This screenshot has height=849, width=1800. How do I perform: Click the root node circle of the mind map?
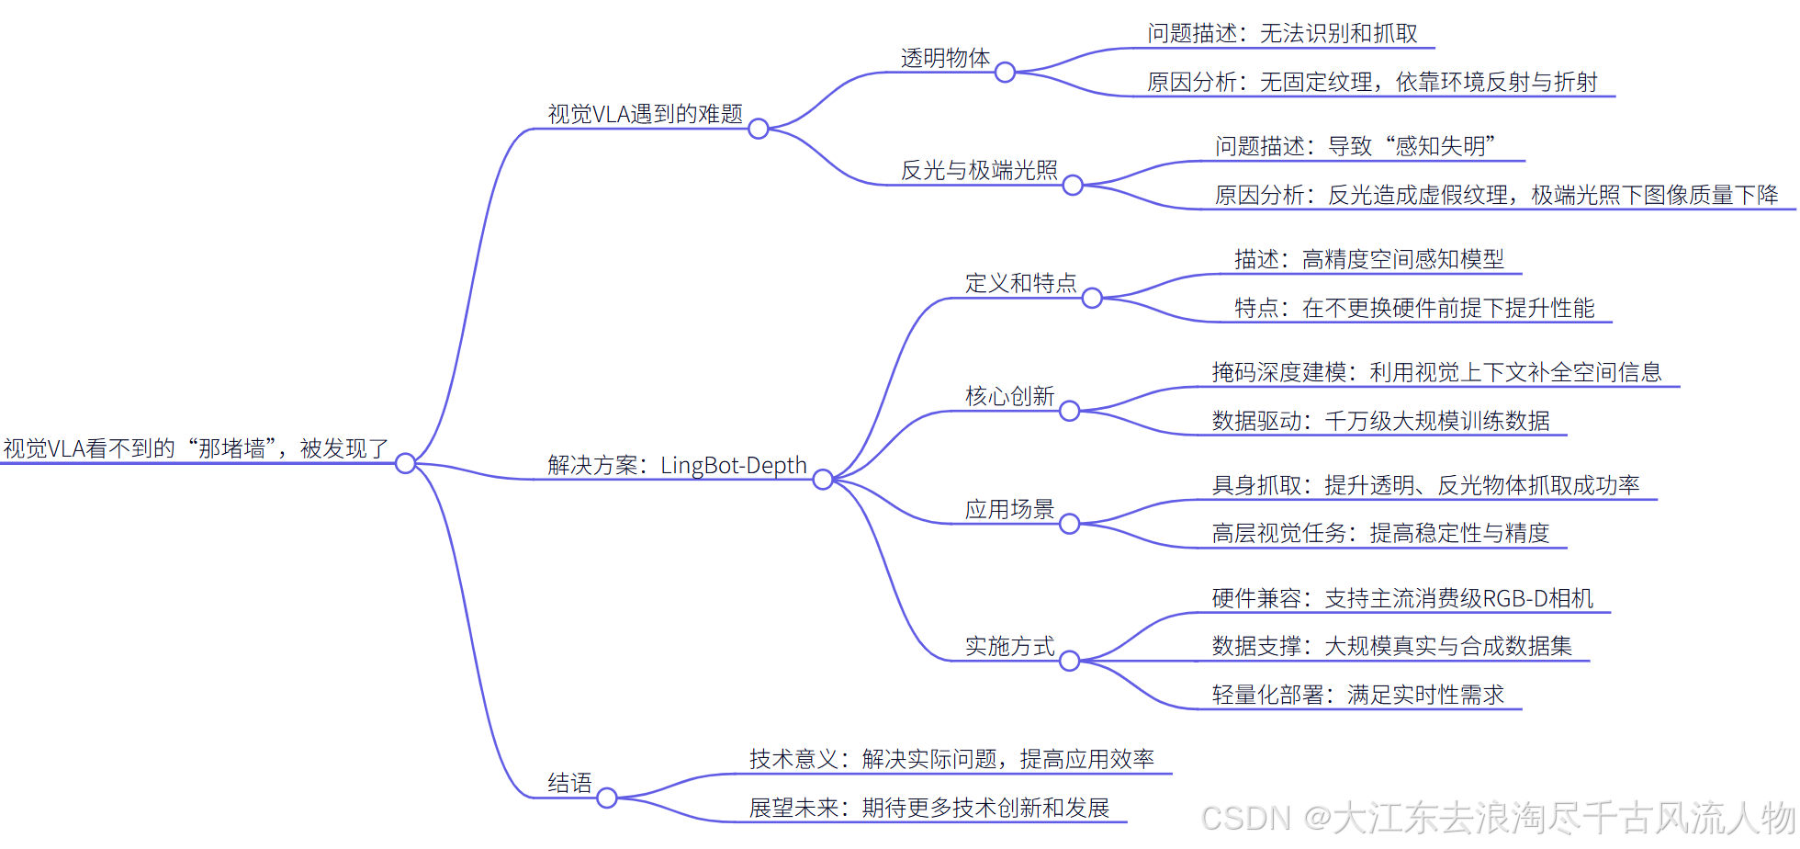[x=405, y=463]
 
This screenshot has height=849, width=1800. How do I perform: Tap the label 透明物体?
[x=945, y=58]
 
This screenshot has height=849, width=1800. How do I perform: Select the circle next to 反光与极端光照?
[x=1073, y=186]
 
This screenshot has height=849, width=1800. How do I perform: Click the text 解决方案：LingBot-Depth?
[x=677, y=465]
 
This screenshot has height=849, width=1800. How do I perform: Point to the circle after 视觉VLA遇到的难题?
[x=758, y=129]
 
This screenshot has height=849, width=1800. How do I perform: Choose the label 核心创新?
[x=1009, y=396]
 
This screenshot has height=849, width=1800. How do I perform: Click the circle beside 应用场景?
[x=1069, y=524]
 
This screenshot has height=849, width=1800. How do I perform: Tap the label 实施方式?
[x=1009, y=646]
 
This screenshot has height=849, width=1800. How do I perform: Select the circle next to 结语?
[x=606, y=798]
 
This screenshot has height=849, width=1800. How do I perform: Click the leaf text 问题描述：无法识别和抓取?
[x=1282, y=34]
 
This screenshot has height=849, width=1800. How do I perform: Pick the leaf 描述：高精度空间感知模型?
[x=1368, y=259]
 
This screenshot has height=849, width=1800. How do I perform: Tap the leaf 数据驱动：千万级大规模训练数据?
[x=1380, y=421]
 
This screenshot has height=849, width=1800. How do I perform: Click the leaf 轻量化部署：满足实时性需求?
[x=1357, y=695]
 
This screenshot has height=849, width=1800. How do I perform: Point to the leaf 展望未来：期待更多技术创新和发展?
[x=928, y=808]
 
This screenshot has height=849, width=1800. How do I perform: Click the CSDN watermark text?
[x=1497, y=818]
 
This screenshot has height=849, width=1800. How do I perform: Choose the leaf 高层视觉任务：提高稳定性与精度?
[x=1380, y=533]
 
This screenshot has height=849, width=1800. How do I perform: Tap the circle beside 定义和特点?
[x=1092, y=298]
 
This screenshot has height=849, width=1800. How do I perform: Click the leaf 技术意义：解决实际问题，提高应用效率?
[x=951, y=759]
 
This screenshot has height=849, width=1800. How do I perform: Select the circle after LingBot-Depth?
[x=823, y=480]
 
